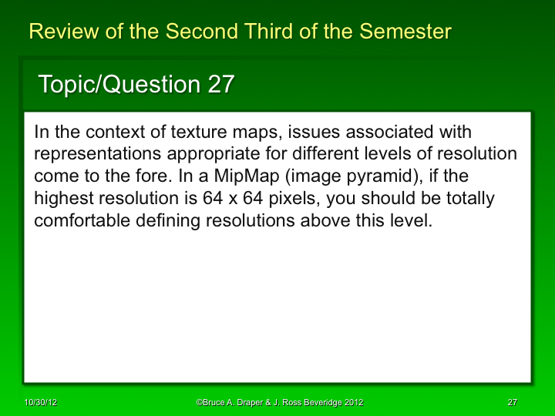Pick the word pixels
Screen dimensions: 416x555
[289, 198]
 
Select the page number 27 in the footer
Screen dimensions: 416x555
[512, 403]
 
